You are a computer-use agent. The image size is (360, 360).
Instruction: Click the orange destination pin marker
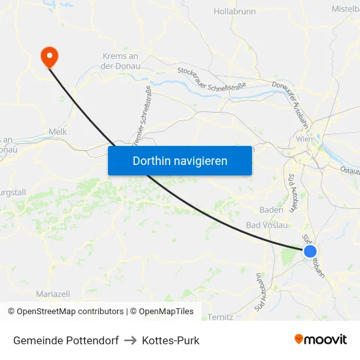[x=49, y=56]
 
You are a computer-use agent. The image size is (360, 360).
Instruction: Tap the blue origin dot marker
[x=310, y=251]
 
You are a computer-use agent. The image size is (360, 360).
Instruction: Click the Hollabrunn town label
[x=234, y=12]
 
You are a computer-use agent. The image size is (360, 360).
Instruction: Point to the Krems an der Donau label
[x=120, y=61]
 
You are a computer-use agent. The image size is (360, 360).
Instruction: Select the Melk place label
[x=58, y=132]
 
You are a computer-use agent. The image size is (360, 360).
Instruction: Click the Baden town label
[x=271, y=210]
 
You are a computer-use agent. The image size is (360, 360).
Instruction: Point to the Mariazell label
[x=52, y=294]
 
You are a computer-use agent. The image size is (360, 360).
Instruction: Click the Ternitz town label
[x=220, y=317]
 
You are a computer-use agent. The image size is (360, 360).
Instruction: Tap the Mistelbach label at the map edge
[x=345, y=9]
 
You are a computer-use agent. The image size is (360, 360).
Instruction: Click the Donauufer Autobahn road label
[x=293, y=97]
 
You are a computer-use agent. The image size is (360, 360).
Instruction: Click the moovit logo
[x=321, y=340]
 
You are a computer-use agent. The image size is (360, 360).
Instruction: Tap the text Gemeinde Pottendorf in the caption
[x=65, y=340]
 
